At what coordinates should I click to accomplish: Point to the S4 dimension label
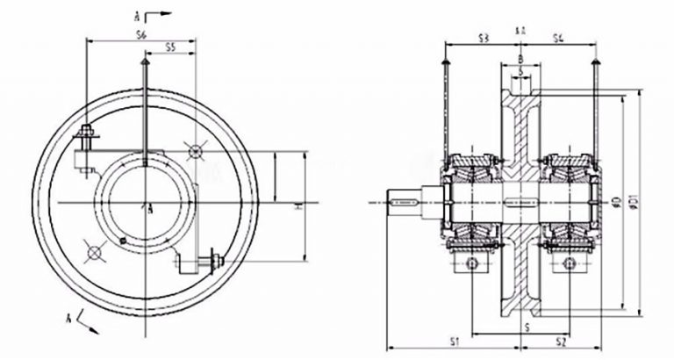pos(558,37)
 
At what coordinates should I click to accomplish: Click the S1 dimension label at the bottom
pos(454,339)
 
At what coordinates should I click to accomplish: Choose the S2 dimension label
pos(561,339)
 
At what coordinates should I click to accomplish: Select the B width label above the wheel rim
pos(520,59)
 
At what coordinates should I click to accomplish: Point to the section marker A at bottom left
pos(69,313)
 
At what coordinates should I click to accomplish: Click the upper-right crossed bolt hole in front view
pos(194,153)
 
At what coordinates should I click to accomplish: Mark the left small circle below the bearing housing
pos(472,263)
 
